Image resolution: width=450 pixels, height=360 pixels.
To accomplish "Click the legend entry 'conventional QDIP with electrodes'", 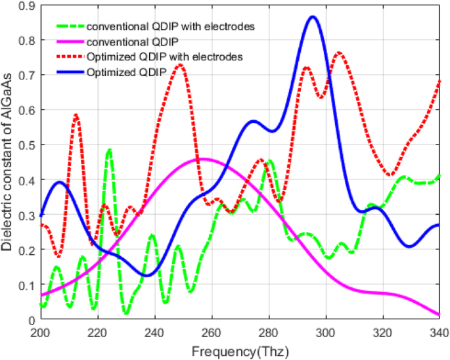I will pos(170,27).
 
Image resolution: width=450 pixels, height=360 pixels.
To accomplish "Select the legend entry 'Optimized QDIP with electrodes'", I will pos(165,57).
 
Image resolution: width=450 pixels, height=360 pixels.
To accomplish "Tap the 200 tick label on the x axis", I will pos(41,333).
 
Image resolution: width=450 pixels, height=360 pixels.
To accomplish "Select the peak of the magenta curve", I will pos(202,159).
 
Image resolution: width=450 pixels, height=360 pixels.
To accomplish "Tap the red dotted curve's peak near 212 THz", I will pos(76,115).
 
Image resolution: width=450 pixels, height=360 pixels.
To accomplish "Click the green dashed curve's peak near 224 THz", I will pos(109,150).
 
